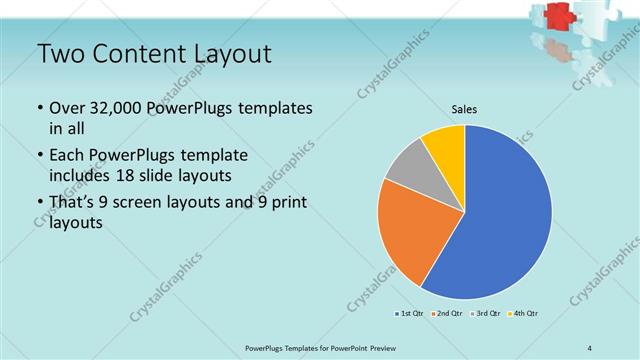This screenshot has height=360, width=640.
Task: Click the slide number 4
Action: click(x=590, y=347)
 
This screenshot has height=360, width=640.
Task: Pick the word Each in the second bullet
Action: click(x=68, y=156)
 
